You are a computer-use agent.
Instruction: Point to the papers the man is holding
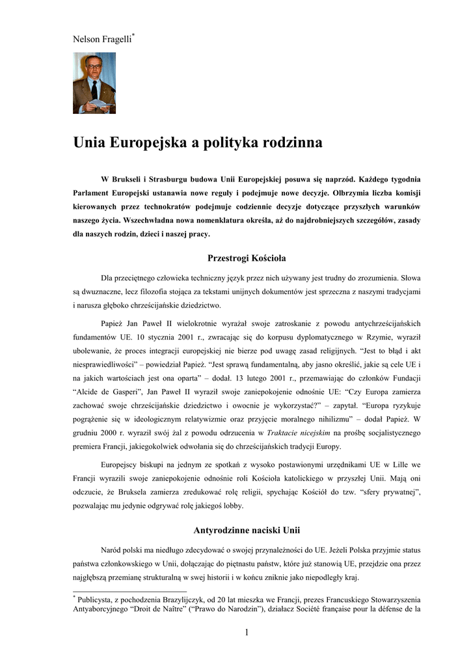coord(102,103)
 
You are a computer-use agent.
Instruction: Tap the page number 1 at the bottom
coord(247,632)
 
